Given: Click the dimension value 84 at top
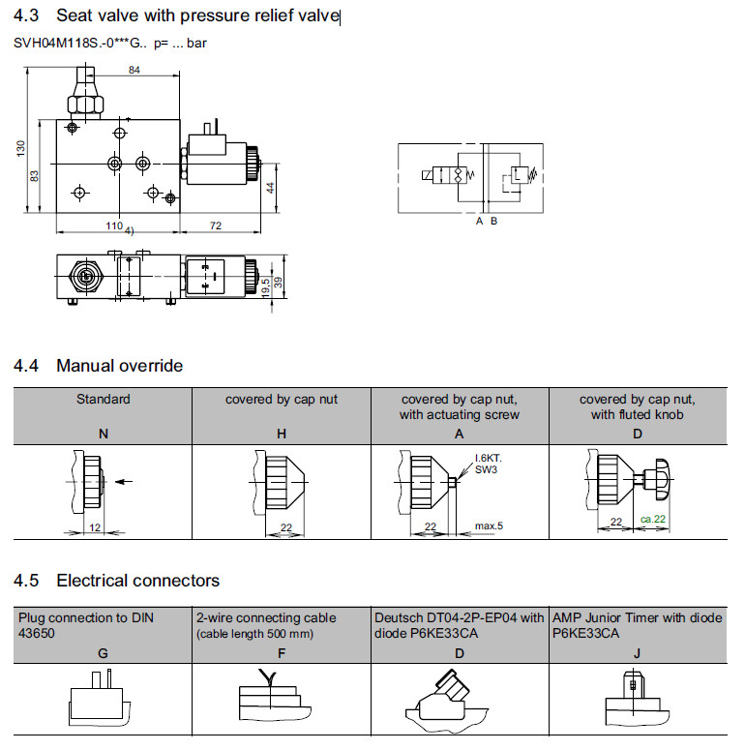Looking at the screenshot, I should (x=134, y=70).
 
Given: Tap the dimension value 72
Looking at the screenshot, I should (x=216, y=225).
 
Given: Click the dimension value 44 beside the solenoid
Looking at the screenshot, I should (x=272, y=188).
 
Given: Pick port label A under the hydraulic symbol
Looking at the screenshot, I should (x=479, y=221).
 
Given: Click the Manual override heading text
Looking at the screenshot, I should (x=119, y=366).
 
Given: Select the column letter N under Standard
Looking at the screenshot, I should (x=104, y=435).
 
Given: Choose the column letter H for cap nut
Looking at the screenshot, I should (x=282, y=435).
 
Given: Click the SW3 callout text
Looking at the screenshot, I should (x=484, y=469).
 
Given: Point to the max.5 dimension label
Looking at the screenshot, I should (x=489, y=525).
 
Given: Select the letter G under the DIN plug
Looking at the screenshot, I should (x=104, y=653).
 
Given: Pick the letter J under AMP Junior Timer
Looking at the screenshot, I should (x=637, y=653).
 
